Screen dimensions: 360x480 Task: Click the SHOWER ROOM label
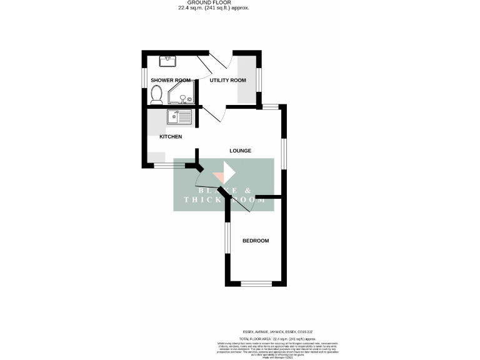click(x=170, y=80)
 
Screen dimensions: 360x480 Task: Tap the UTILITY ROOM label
click(x=227, y=80)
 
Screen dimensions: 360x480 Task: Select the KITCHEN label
click(x=171, y=136)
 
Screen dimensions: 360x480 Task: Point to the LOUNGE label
click(x=240, y=151)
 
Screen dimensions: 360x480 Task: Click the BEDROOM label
click(x=256, y=241)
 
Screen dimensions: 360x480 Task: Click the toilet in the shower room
click(x=157, y=95)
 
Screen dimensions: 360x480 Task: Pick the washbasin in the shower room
click(x=168, y=61)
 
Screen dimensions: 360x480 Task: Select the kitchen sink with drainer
click(x=179, y=116)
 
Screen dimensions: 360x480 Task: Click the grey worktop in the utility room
click(x=246, y=79)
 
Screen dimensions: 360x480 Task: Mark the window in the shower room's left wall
click(x=143, y=77)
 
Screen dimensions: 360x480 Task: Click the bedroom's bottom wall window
click(x=256, y=284)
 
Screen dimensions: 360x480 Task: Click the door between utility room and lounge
click(x=211, y=114)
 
